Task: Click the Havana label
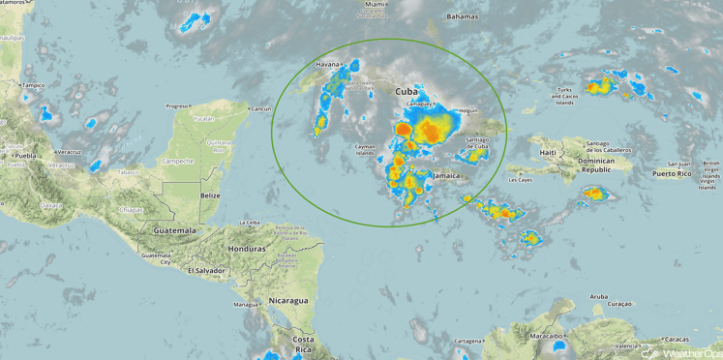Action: click(x=327, y=66)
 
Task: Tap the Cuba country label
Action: click(x=408, y=91)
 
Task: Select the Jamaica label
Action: click(x=447, y=177)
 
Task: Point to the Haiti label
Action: click(x=549, y=153)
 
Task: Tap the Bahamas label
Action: click(x=463, y=17)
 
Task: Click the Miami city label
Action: click(x=375, y=5)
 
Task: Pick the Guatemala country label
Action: click(x=174, y=231)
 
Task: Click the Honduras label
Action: click(x=247, y=249)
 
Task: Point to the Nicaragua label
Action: click(x=289, y=300)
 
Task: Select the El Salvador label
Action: click(x=206, y=270)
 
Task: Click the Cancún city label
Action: click(x=261, y=109)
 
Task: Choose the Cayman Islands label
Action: click(x=365, y=149)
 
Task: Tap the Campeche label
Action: click(x=178, y=161)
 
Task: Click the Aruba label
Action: click(x=598, y=296)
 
